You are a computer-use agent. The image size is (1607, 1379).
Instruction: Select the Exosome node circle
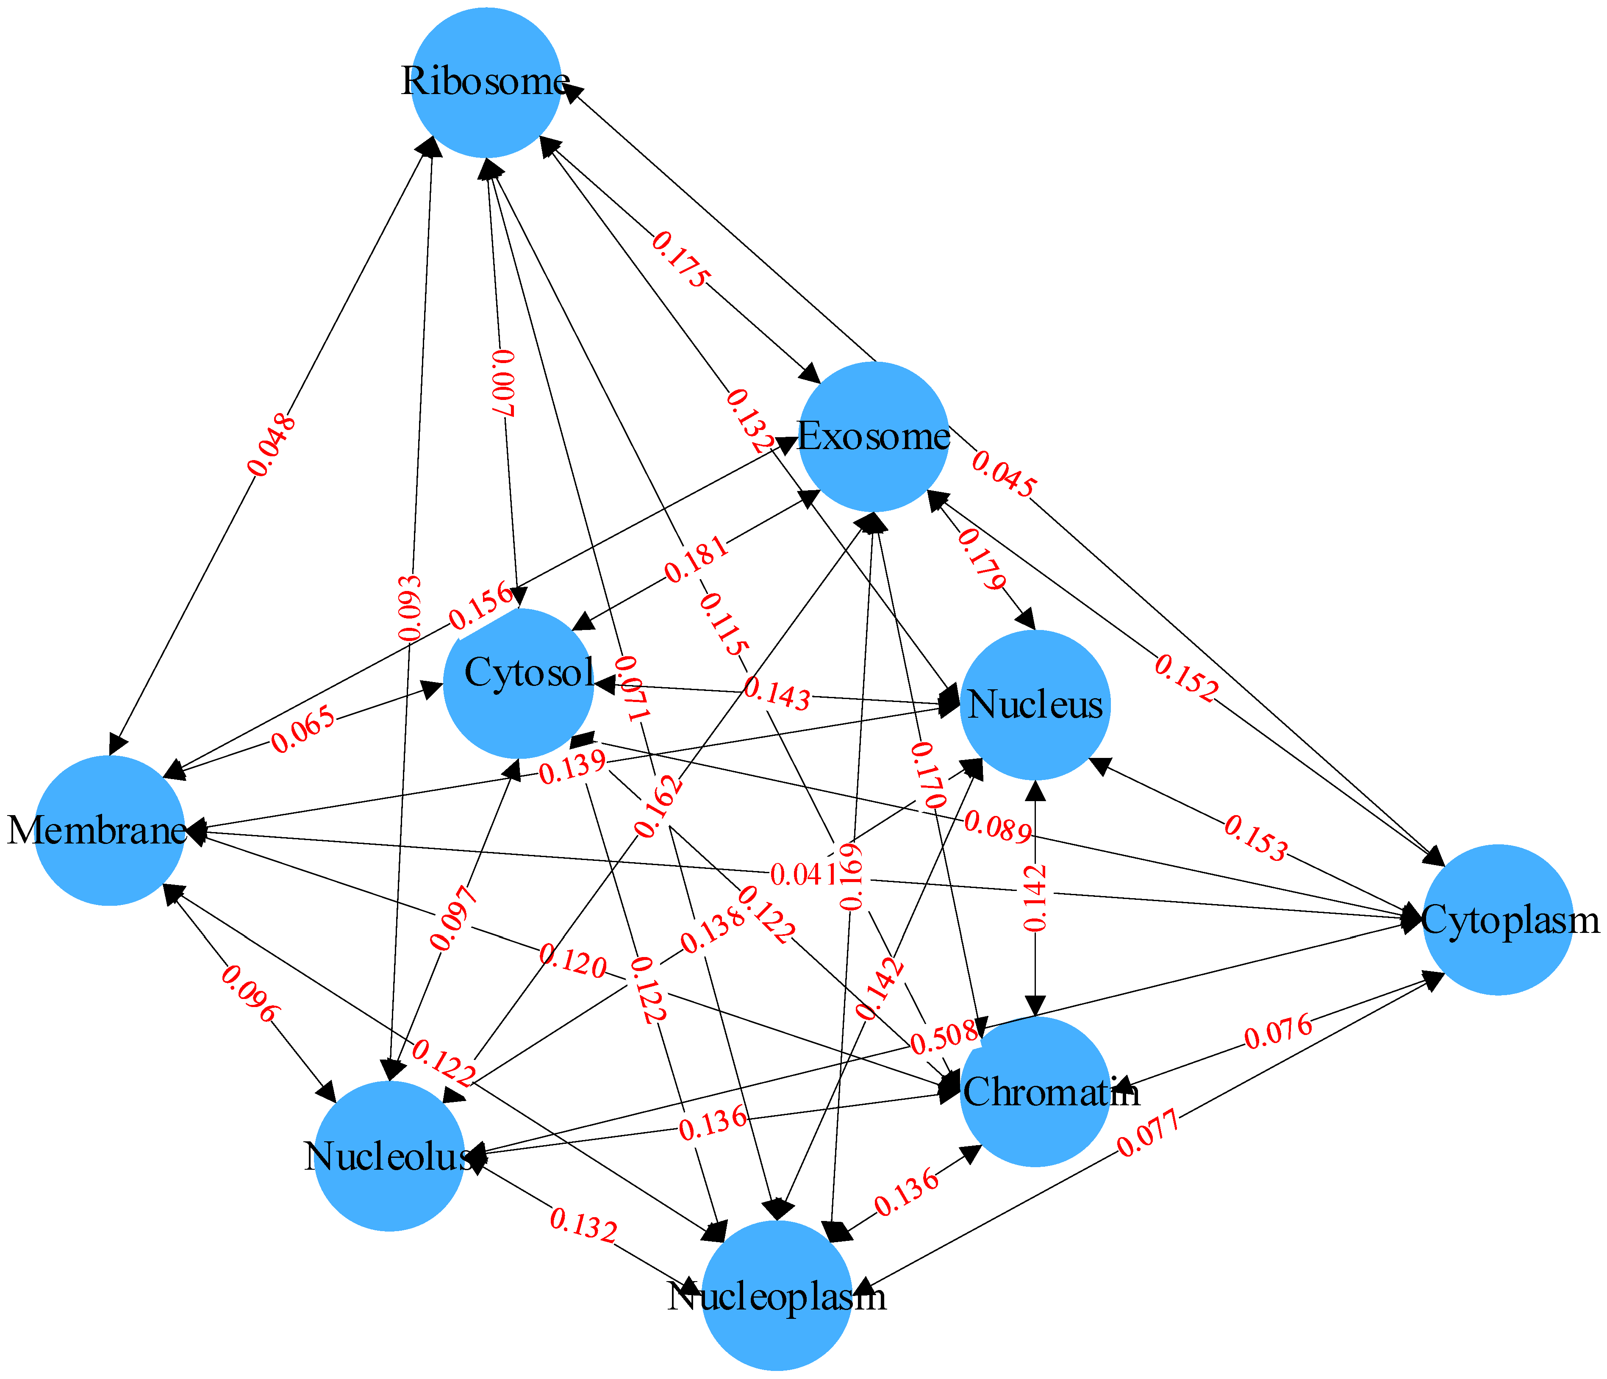coord(873,437)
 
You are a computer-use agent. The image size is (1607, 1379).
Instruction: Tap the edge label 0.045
coord(1003,474)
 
